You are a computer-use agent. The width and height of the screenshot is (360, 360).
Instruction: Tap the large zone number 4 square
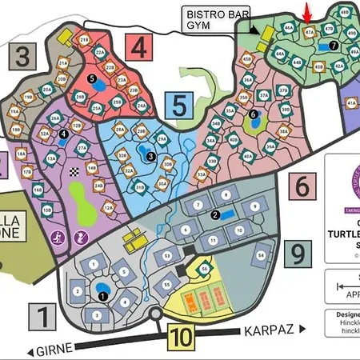[140, 46]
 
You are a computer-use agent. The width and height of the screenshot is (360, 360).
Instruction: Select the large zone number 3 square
[25, 58]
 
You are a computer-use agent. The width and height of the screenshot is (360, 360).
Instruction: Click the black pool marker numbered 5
[92, 78]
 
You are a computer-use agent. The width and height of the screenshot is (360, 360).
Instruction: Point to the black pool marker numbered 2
[214, 214]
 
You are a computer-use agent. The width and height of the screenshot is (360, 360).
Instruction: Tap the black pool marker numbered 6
[253, 114]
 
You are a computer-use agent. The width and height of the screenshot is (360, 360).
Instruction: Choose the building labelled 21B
[83, 38]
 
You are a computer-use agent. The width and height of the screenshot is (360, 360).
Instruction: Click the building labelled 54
[262, 256]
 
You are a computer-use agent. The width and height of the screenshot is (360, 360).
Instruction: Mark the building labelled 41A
[352, 103]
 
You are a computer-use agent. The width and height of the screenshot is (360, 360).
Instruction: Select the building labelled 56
[205, 269]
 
